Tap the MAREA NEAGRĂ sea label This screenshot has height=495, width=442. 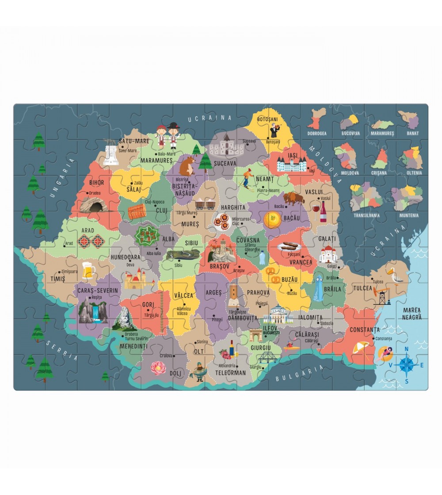point(412,313)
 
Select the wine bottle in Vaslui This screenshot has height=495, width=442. point(323,212)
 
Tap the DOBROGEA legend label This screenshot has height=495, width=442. point(318,133)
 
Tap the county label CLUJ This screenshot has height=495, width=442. point(161,211)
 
